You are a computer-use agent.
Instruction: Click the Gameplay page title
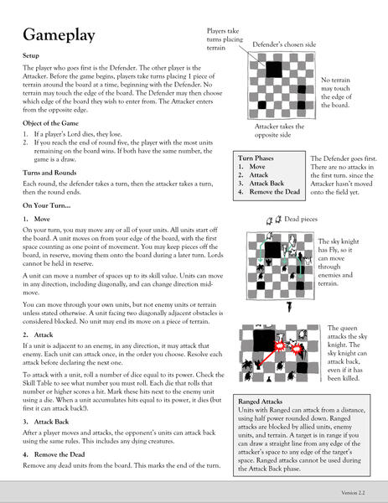[59, 35]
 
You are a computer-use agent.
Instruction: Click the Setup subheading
[31, 56]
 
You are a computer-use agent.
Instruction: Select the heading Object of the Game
[50, 123]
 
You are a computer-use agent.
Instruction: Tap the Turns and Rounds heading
[49, 173]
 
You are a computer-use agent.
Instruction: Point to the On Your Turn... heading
[46, 205]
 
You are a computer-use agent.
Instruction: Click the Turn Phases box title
[256, 158]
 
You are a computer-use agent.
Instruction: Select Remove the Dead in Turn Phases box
[275, 192]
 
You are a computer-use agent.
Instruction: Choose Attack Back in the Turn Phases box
[266, 184]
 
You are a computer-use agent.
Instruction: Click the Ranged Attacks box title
[260, 402]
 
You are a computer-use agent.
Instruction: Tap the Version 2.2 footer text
[353, 493]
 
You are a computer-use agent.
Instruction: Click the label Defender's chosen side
[284, 44]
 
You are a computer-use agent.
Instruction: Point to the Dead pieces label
[301, 219]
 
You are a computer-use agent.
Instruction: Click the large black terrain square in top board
[274, 70]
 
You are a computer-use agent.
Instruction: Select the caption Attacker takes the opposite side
[279, 131]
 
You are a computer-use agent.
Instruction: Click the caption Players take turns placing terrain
[225, 39]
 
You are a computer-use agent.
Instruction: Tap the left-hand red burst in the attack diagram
[279, 346]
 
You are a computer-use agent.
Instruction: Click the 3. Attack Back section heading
[46, 422]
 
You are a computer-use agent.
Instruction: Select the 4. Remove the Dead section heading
[54, 454]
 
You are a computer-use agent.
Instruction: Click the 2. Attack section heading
[38, 334]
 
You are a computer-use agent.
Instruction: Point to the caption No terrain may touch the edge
[336, 92]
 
